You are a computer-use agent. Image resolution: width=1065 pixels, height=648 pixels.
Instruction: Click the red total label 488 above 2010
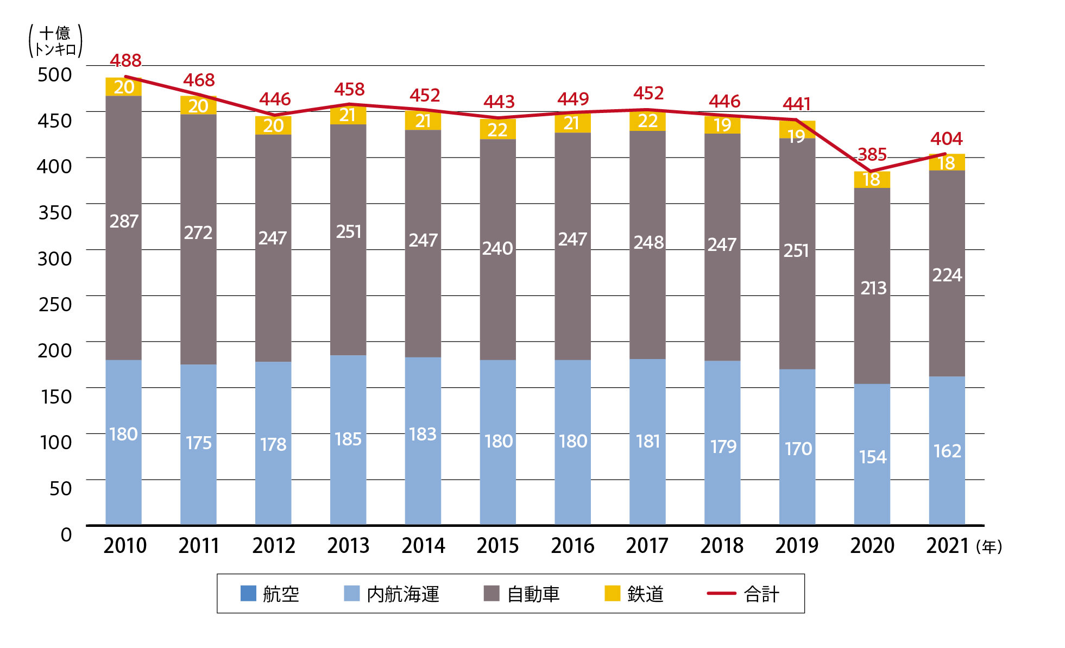tap(125, 60)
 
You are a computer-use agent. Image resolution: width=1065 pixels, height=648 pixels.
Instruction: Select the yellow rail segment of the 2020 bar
tap(872, 179)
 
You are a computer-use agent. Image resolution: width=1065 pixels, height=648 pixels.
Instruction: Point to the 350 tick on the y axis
tap(55, 212)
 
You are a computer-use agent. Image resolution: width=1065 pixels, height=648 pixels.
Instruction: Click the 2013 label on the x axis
tap(348, 545)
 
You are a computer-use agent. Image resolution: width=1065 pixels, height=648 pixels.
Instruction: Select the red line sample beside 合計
tap(721, 594)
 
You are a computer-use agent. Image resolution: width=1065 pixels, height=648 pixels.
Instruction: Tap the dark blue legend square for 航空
tap(248, 594)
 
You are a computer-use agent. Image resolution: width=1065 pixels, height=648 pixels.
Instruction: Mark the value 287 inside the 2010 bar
tap(124, 221)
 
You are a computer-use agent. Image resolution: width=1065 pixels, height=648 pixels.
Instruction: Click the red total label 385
tap(872, 155)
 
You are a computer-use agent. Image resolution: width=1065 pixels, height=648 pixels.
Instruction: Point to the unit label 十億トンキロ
tap(55, 41)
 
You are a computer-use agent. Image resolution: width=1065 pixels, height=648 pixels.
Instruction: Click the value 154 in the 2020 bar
tap(872, 457)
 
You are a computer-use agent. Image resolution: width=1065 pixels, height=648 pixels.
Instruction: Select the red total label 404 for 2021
tap(946, 139)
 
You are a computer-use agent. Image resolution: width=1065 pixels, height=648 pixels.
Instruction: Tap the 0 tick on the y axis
tap(66, 534)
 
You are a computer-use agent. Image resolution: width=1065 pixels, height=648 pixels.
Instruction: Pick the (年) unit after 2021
tap(989, 547)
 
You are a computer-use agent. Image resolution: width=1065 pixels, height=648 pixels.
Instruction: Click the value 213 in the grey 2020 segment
tap(873, 288)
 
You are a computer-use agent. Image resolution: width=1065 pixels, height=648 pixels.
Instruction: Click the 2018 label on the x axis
tap(722, 545)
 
